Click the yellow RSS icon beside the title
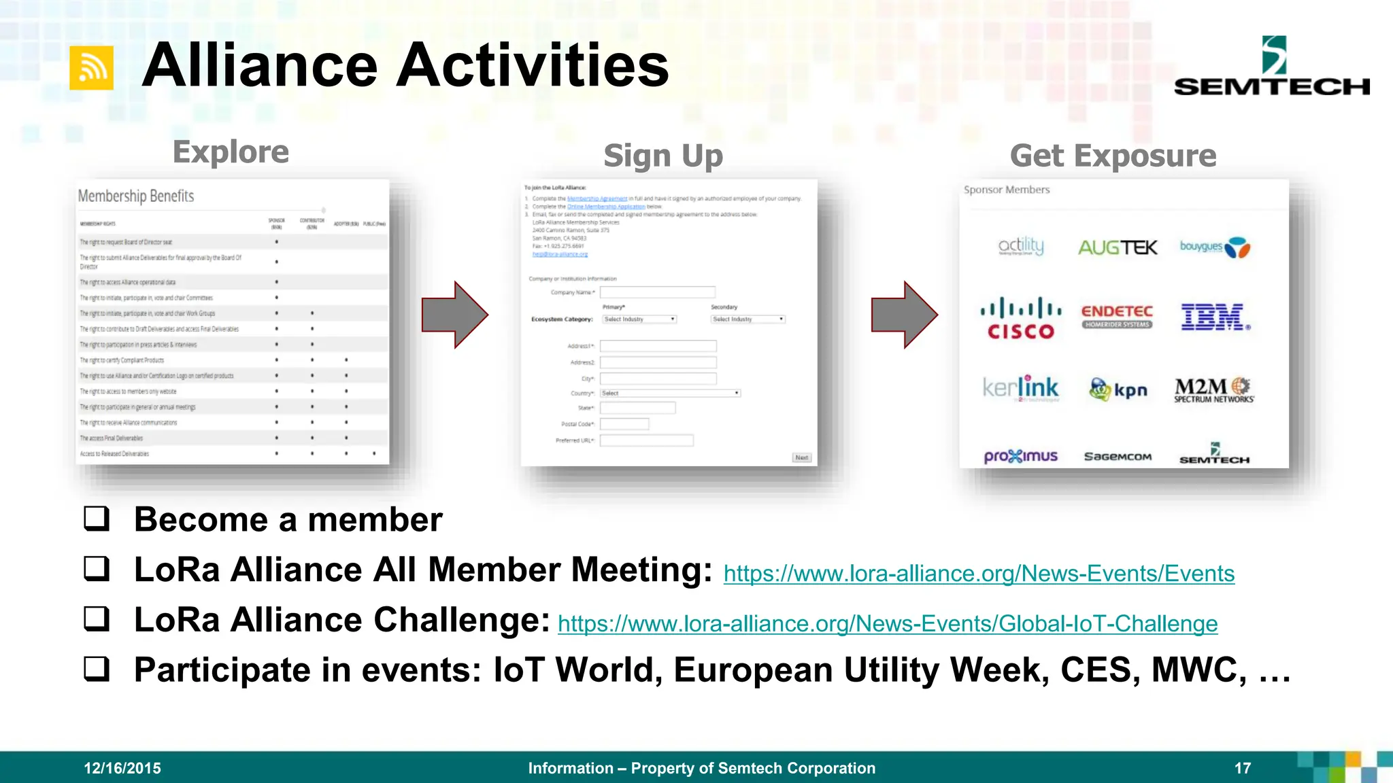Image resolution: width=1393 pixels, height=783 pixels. click(91, 68)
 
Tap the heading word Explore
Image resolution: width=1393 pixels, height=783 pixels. click(231, 152)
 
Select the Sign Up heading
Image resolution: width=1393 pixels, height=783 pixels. click(663, 156)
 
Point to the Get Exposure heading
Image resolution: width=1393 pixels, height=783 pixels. click(1113, 156)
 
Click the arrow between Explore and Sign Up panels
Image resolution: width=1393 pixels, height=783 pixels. click(454, 315)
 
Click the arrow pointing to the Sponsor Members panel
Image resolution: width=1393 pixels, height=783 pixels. click(904, 315)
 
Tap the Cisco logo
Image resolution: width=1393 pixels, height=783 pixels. click(1020, 318)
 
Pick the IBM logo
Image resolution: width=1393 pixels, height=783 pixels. click(1215, 317)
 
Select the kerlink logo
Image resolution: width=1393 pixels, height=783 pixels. click(1020, 388)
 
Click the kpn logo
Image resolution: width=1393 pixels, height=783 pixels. click(1118, 389)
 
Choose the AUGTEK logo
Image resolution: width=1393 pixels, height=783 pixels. click(1118, 247)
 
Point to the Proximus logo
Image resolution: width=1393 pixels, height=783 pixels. click(1020, 456)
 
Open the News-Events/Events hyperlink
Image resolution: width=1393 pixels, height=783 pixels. click(978, 574)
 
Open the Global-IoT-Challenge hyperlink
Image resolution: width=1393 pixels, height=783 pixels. click(887, 624)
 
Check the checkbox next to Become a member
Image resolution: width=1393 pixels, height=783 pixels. click(97, 519)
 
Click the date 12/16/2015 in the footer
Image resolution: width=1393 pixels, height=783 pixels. click(122, 768)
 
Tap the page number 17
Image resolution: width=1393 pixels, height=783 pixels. click(1243, 768)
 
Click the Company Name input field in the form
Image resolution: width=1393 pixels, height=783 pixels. click(657, 292)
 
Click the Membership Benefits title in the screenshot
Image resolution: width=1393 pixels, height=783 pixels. click(136, 196)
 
